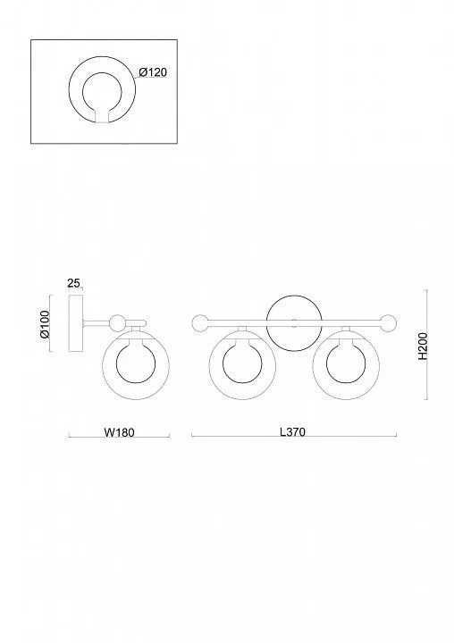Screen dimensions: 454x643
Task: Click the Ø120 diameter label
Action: pos(153,72)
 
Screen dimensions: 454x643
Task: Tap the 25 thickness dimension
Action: pos(73,283)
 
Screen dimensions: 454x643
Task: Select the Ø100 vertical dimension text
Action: pos(45,324)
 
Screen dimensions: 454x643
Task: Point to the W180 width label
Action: pos(119,432)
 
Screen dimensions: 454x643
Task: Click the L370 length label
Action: pos(292,432)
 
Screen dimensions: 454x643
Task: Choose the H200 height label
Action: pos(423,347)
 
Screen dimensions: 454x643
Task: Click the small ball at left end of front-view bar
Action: pos(200,322)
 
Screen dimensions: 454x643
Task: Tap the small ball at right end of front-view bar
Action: pos(389,322)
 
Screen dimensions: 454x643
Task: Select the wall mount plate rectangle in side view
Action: pos(76,323)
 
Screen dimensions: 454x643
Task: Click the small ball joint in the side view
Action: pos(118,322)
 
